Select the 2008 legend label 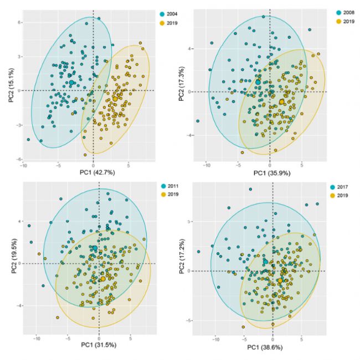(351, 12)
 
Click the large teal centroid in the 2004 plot (72, 83)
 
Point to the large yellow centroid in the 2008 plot (281, 102)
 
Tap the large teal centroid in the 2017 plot (265, 262)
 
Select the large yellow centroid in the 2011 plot (102, 279)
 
